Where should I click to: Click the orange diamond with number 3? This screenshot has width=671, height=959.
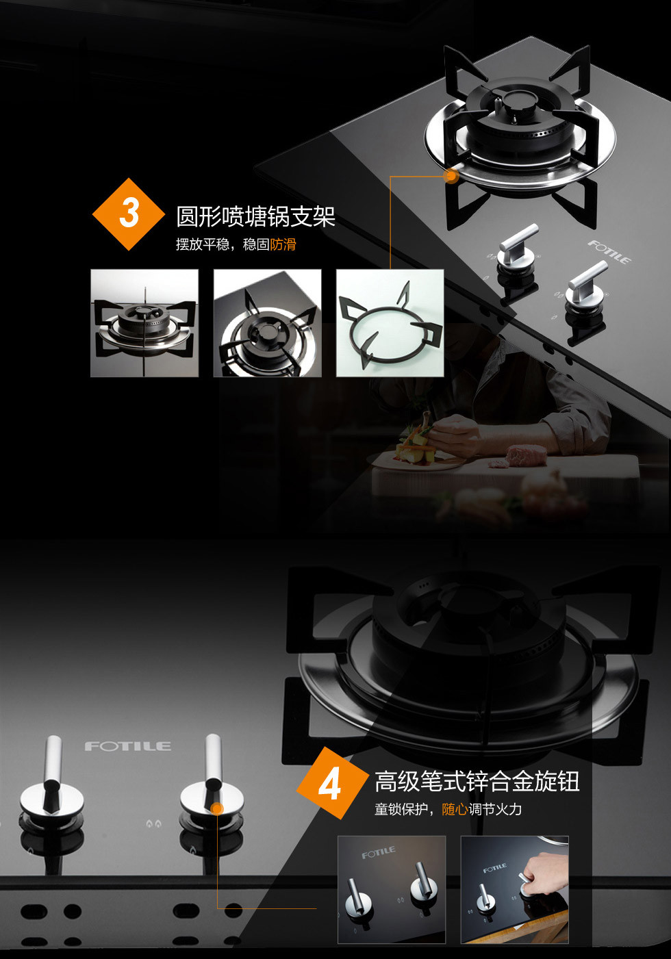click(x=129, y=214)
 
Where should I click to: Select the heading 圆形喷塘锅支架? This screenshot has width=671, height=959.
click(x=255, y=216)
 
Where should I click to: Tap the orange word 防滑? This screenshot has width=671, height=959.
click(x=283, y=244)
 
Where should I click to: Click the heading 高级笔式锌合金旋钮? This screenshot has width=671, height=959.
click(x=477, y=781)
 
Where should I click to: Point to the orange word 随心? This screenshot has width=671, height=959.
click(x=455, y=809)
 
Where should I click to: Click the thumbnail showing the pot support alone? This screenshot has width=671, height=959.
click(x=390, y=322)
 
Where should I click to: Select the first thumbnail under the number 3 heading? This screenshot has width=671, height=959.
click(x=144, y=322)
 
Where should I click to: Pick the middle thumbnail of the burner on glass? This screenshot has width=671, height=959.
click(x=267, y=322)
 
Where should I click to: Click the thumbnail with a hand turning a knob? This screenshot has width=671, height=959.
click(x=514, y=889)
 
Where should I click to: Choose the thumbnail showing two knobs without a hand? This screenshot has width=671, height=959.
click(x=392, y=889)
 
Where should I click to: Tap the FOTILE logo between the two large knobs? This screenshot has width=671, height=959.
click(x=128, y=745)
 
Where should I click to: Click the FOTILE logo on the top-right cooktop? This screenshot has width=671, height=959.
click(x=609, y=252)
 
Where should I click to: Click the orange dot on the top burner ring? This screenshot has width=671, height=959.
click(x=451, y=176)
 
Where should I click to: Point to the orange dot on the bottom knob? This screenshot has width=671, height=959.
click(x=217, y=808)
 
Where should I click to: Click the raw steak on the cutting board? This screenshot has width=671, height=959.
click(x=526, y=453)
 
